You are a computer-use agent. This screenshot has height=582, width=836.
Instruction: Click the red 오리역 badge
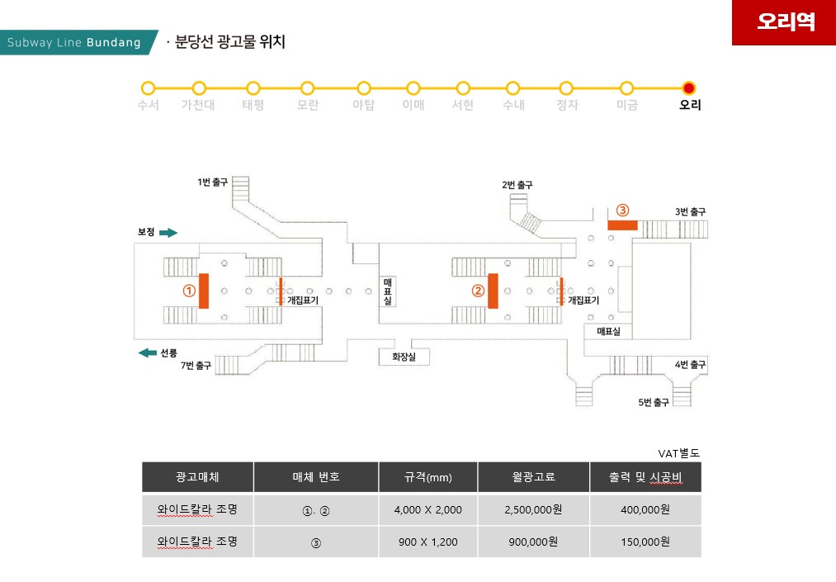pyautogui.click(x=784, y=22)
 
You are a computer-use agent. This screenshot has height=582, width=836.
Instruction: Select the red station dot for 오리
pyautogui.click(x=690, y=88)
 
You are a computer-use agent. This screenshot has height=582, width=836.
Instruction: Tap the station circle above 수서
pyautogui.click(x=149, y=88)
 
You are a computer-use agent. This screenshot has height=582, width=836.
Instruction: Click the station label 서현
pyautogui.click(x=463, y=106)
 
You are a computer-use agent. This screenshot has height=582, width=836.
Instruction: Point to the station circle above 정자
pyautogui.click(x=566, y=88)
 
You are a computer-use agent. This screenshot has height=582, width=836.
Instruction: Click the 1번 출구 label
pyautogui.click(x=212, y=182)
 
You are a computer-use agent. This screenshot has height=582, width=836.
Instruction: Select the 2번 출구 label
pyautogui.click(x=517, y=185)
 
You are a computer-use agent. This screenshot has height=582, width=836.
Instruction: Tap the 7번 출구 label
pyautogui.click(x=196, y=365)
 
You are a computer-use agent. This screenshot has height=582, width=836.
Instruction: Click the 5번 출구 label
pyautogui.click(x=653, y=402)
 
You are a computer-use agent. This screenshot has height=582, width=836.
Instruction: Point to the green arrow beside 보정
pyautogui.click(x=168, y=233)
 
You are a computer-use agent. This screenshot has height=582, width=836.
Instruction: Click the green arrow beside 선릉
pyautogui.click(x=148, y=353)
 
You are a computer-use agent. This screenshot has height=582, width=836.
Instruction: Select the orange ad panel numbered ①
pyautogui.click(x=203, y=291)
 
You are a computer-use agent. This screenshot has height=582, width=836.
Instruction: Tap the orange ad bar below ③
pyautogui.click(x=622, y=225)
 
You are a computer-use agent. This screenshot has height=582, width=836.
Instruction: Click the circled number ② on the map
pyautogui.click(x=477, y=291)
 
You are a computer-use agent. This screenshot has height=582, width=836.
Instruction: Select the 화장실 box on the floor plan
pyautogui.click(x=404, y=357)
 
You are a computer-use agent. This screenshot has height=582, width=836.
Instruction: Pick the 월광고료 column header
pyautogui.click(x=533, y=477)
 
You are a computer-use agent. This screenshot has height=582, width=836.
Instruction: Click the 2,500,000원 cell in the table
pyautogui.click(x=533, y=509)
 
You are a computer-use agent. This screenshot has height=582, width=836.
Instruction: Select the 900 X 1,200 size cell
pyautogui.click(x=427, y=542)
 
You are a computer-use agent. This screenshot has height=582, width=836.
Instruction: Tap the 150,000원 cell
pyautogui.click(x=645, y=542)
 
